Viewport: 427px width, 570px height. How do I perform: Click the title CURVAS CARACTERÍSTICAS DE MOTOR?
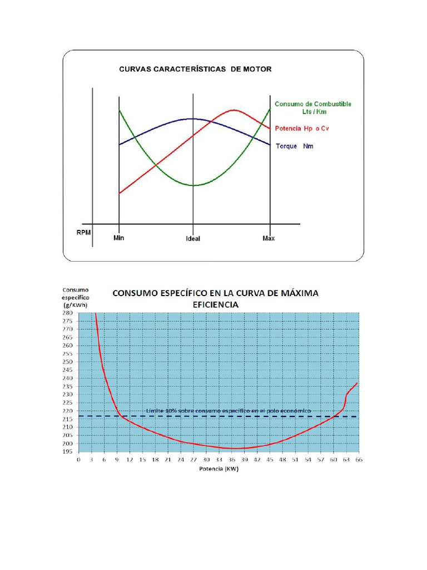[195, 70]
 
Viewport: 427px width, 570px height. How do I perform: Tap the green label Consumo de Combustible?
[313, 104]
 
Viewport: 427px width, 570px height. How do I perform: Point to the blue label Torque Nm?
[295, 146]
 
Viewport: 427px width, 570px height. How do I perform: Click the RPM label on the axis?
[84, 232]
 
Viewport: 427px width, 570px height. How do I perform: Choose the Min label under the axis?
[118, 238]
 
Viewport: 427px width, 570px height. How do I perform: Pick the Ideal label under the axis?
[193, 239]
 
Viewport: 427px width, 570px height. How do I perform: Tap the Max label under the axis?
[269, 238]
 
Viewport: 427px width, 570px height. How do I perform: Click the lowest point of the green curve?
[193, 185]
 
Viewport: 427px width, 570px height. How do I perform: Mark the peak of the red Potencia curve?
[234, 110]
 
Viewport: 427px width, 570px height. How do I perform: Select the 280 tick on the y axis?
[67, 313]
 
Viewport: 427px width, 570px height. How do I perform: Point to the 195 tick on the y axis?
[67, 451]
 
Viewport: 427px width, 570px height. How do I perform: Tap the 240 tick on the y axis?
[67, 378]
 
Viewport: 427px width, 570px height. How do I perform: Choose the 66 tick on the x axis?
[359, 460]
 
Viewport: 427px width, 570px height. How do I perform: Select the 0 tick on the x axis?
[78, 460]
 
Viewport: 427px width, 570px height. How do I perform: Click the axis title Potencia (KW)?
[219, 469]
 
